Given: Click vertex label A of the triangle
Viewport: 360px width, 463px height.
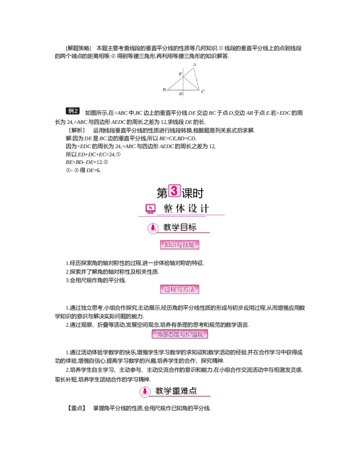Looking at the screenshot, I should click(x=194, y=65).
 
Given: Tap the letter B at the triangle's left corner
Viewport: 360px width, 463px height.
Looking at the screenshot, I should click(x=164, y=90).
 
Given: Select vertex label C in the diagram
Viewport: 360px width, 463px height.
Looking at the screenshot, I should click(x=203, y=91).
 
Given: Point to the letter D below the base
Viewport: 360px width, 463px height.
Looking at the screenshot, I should click(x=180, y=94).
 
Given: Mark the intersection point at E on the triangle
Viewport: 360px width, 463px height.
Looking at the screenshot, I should click(x=184, y=77).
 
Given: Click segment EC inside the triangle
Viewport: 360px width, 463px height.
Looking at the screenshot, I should click(x=191, y=83).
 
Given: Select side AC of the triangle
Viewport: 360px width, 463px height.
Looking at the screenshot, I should click(x=197, y=79).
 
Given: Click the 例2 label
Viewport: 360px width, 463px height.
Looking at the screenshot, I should click(x=73, y=111).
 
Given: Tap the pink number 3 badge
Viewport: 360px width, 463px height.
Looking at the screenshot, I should click(x=174, y=191).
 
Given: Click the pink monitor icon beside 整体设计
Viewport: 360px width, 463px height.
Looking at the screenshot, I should click(x=150, y=209).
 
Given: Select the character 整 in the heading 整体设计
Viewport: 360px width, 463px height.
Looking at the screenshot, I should click(x=168, y=209).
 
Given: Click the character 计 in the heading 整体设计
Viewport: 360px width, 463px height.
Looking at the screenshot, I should click(x=205, y=209).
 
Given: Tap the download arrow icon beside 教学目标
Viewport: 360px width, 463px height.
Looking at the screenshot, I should click(x=153, y=228).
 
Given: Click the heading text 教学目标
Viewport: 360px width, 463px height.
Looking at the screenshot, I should click(x=180, y=228).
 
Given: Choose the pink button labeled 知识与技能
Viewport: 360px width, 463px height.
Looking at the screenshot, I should click(x=180, y=245).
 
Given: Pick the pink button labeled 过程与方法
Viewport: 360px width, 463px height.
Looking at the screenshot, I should click(x=180, y=290).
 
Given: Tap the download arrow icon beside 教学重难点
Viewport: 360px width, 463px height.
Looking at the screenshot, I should click(x=144, y=391).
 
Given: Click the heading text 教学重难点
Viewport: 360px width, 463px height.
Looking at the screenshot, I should click(x=176, y=391).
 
